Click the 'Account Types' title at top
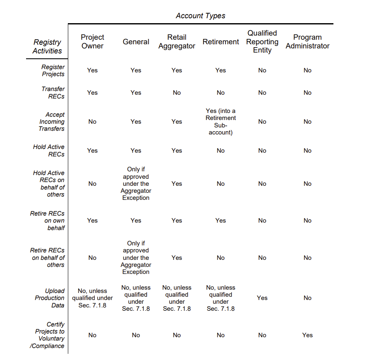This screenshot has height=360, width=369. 200,16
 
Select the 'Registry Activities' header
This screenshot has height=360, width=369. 48,46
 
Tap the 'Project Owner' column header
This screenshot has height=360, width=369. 92,42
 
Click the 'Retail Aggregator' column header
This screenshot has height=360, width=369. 177,42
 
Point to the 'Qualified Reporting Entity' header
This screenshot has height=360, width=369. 262,42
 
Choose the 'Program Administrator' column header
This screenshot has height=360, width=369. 307,42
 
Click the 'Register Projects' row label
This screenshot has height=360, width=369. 53,70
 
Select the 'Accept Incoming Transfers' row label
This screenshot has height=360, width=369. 52,122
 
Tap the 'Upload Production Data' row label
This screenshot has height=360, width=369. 50,298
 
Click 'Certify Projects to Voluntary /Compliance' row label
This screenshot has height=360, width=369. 48,335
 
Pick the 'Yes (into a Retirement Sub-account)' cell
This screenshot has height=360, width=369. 220,122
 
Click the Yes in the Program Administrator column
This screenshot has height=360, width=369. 307,335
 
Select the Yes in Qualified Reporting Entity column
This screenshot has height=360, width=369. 262,298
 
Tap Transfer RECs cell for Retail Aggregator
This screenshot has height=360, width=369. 177,93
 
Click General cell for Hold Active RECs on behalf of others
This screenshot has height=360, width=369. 136,184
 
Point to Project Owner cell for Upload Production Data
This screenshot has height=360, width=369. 92,298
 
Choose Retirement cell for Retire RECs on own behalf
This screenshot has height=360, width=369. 220,221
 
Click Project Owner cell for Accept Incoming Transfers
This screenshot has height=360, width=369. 92,122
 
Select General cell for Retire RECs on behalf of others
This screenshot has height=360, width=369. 136,258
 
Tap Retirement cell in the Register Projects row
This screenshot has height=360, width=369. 220,70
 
